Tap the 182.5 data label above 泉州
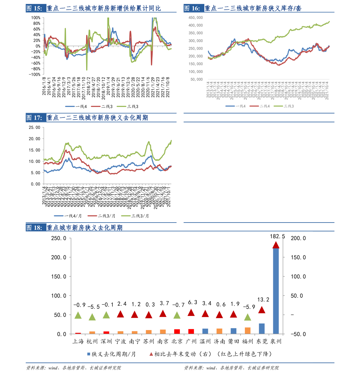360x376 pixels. click(x=277, y=236)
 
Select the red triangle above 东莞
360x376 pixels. click(x=262, y=310)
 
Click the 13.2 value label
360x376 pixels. click(x=263, y=300)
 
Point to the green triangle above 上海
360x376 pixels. click(x=78, y=316)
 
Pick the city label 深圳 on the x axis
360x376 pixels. click(x=106, y=341)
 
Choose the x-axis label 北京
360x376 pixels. click(x=177, y=341)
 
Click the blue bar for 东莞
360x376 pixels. click(x=262, y=329)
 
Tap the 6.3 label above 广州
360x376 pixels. click(x=193, y=302)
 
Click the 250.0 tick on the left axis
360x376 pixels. click(x=59, y=238)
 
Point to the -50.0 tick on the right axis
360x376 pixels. click(x=298, y=334)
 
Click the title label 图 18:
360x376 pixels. click(x=34, y=228)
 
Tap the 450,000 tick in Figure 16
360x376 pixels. click(x=196, y=18)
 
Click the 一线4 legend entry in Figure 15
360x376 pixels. click(x=76, y=106)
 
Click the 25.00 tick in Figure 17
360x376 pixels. click(x=34, y=127)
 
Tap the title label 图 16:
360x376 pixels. click(x=192, y=8)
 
